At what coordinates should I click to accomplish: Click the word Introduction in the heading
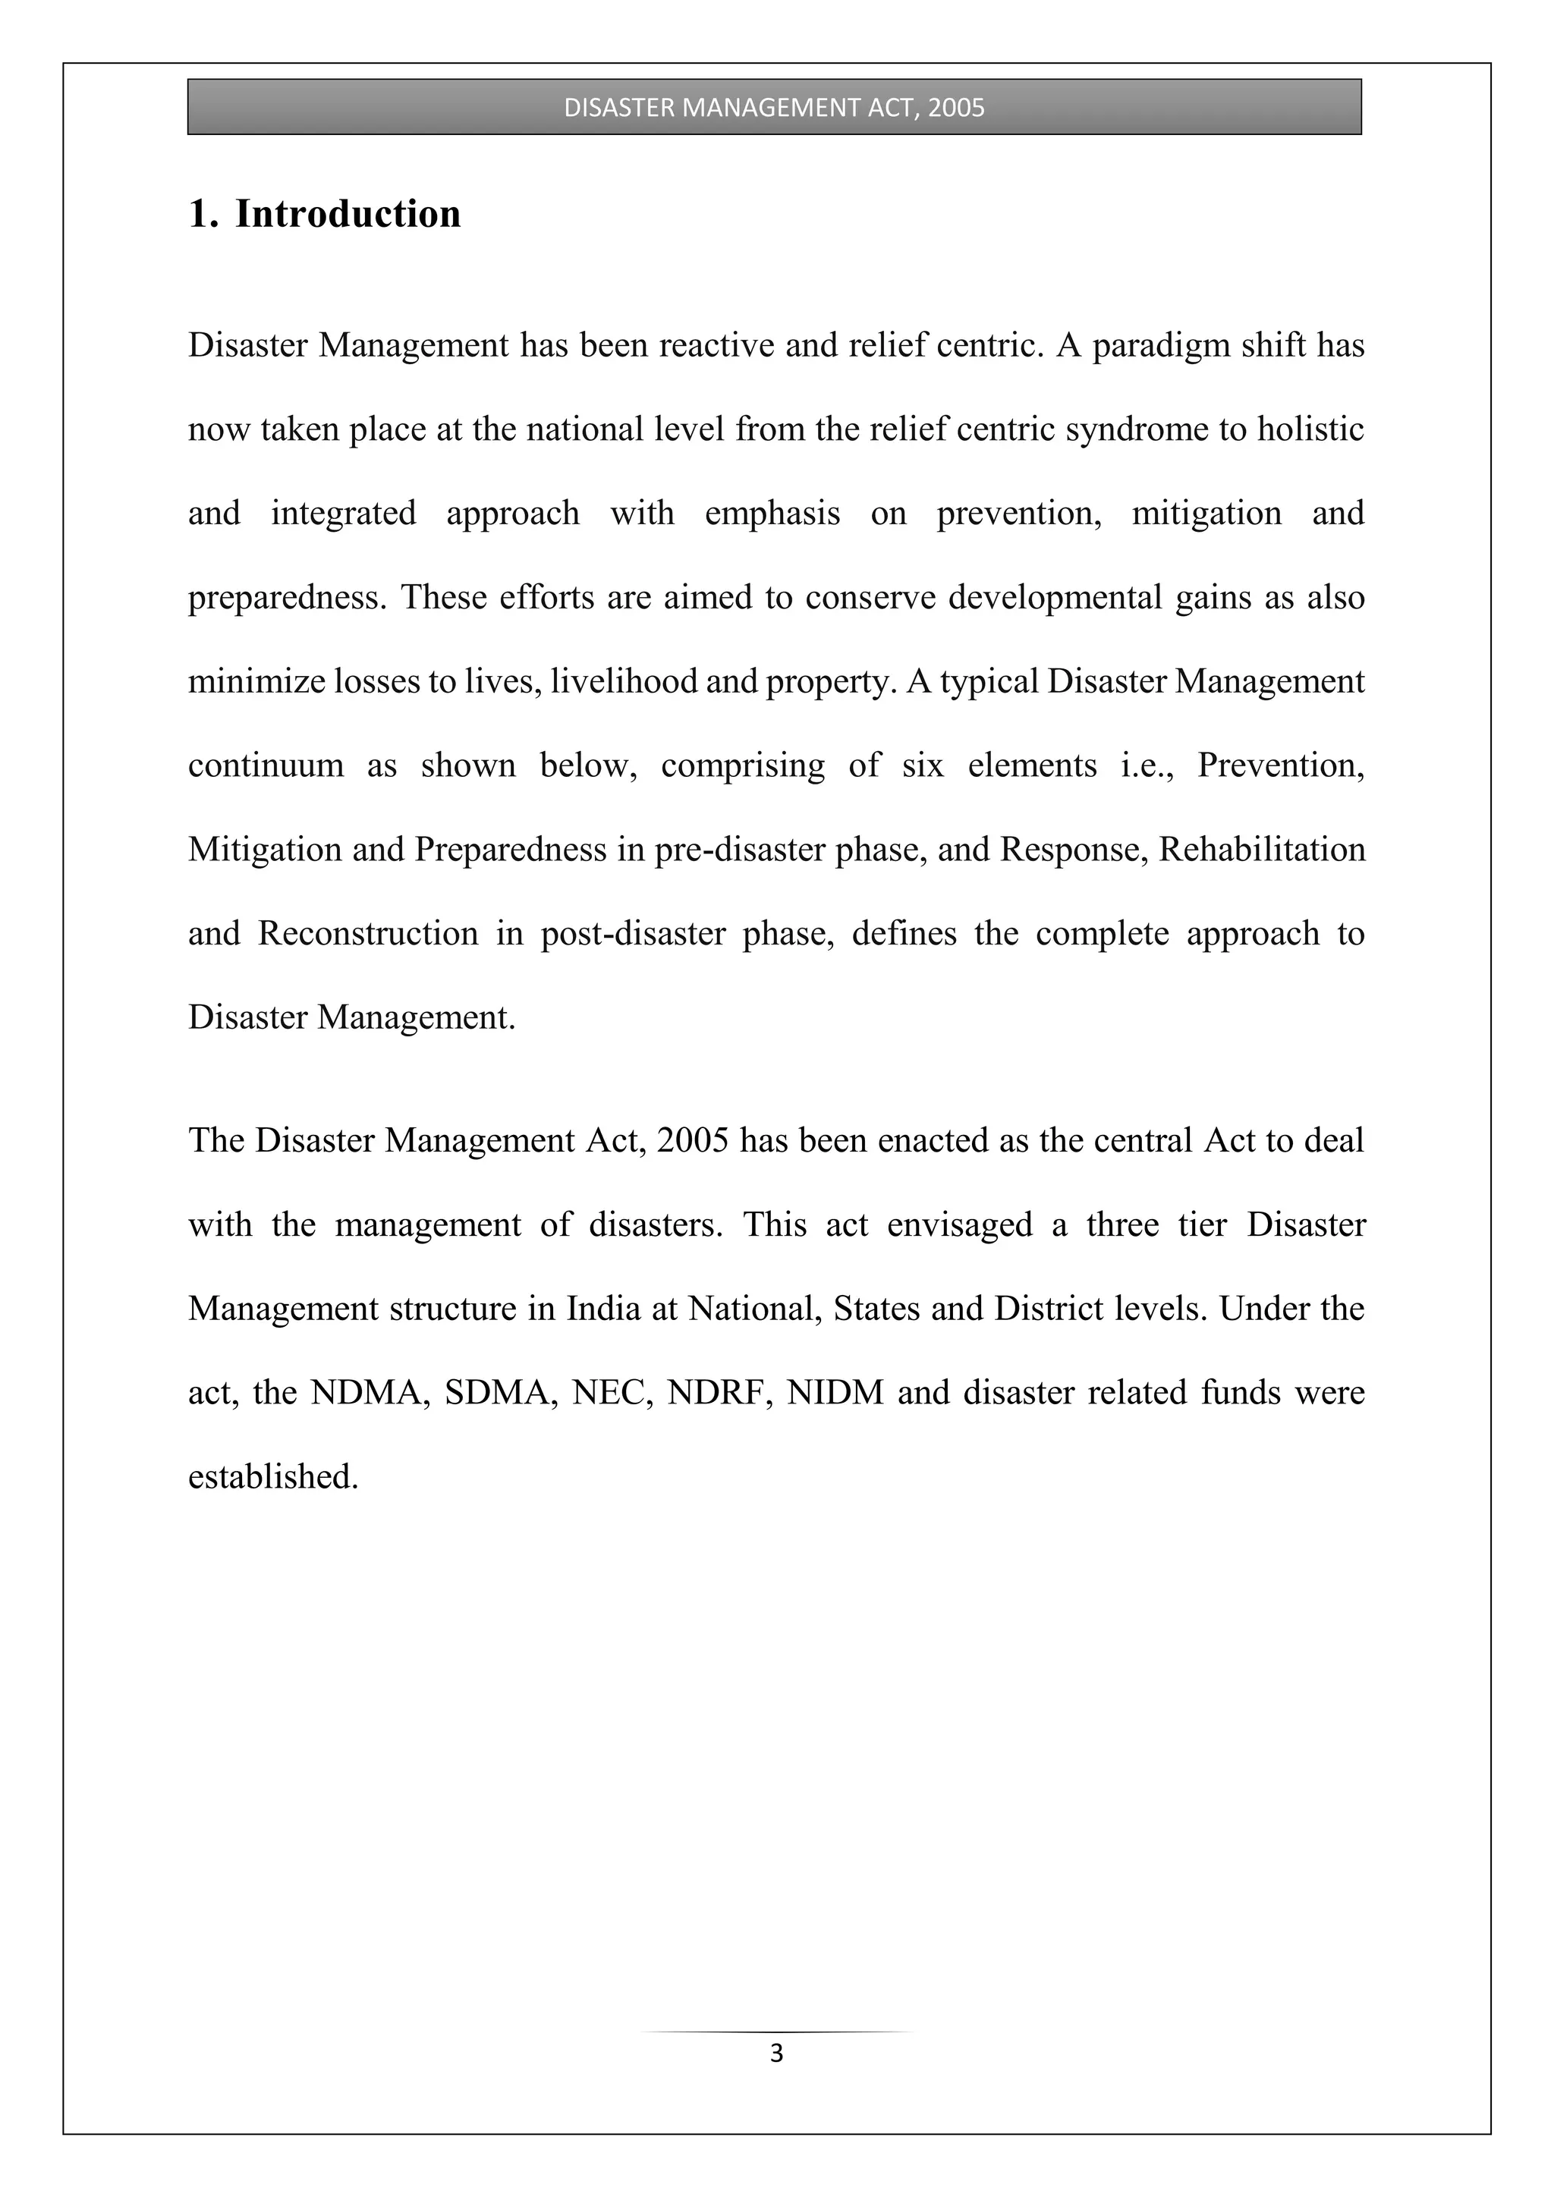click(348, 213)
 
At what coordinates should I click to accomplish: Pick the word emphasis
click(772, 514)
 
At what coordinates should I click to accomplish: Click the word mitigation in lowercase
click(1206, 514)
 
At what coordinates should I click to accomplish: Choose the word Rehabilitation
click(1261, 850)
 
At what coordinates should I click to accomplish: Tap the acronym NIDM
click(835, 1392)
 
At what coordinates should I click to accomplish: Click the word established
click(272, 1476)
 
